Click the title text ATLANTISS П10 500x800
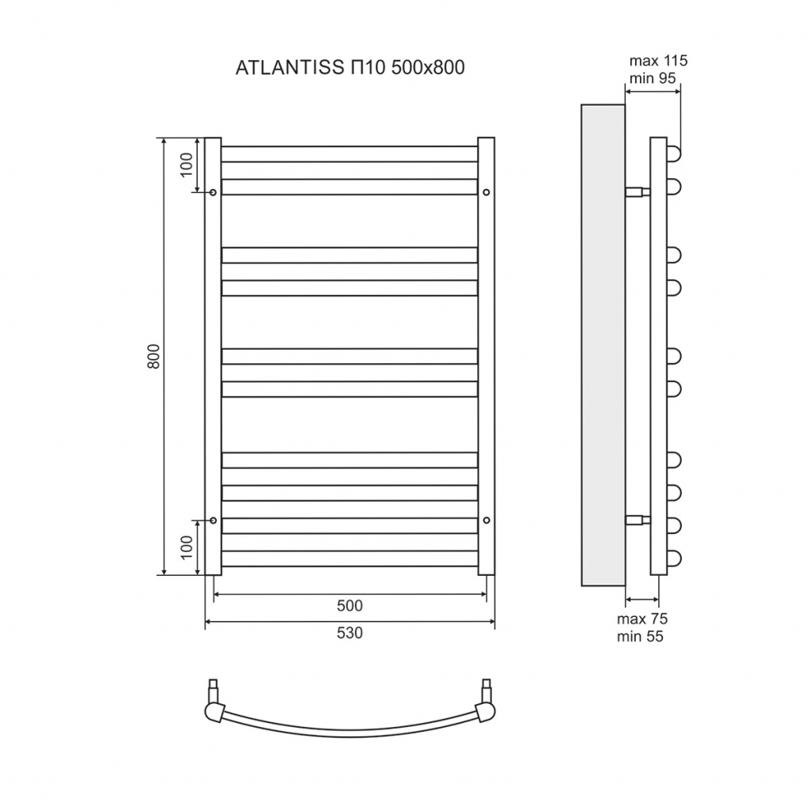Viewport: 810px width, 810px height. (350, 68)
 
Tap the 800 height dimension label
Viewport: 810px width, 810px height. (154, 356)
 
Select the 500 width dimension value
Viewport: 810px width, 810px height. (350, 605)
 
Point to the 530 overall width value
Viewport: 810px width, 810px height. (350, 633)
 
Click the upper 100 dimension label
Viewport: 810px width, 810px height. (186, 165)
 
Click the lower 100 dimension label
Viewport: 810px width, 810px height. (186, 547)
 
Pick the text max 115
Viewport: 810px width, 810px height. (658, 61)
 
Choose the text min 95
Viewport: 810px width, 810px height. (653, 78)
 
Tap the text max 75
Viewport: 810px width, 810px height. (642, 619)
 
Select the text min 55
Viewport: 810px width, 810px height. (640, 637)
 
